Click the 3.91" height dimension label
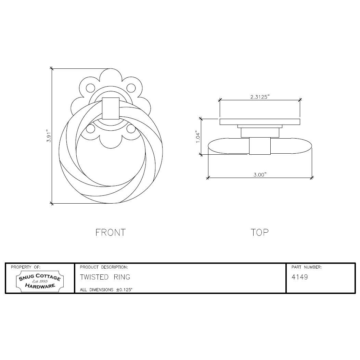click(x=49, y=136)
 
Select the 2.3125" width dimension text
click(x=260, y=97)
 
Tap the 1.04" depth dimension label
click(x=198, y=137)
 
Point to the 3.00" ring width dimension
click(x=260, y=175)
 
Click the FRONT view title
click(x=111, y=233)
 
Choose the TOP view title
click(x=260, y=233)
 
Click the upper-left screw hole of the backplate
click(x=90, y=88)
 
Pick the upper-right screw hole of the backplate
click(x=131, y=88)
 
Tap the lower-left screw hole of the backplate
click(x=90, y=129)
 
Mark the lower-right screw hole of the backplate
click(x=131, y=129)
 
